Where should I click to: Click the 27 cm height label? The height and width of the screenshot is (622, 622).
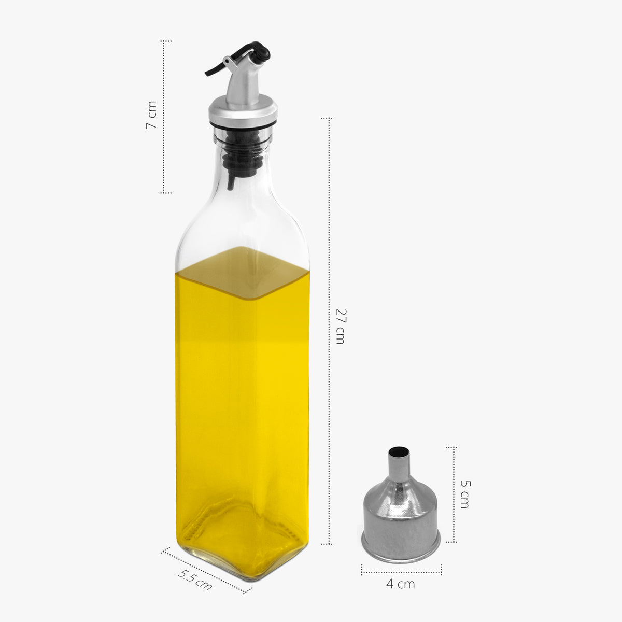coord(340,326)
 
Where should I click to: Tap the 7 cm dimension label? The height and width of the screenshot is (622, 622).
coord(151,116)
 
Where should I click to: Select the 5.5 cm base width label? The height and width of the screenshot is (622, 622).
coord(195,579)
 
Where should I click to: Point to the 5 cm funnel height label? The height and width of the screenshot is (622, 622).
coord(465,493)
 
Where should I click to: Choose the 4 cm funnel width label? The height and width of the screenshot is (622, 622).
coord(400,584)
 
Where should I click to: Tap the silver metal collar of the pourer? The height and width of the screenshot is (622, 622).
coord(243,110)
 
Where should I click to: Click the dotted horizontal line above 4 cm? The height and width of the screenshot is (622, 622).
coord(401,572)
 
